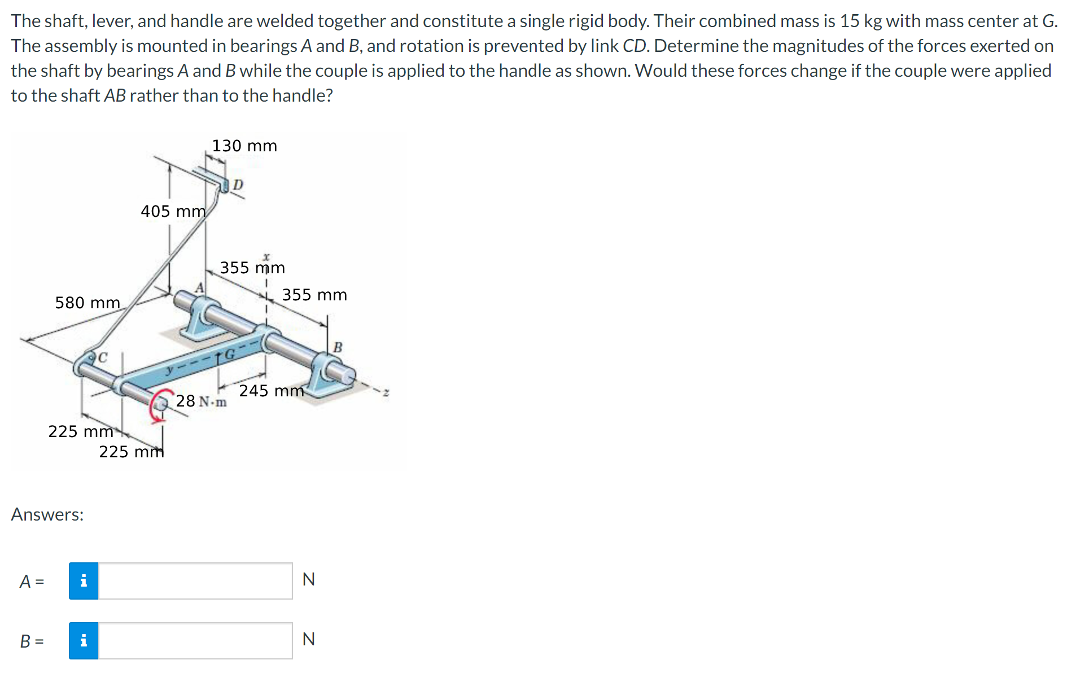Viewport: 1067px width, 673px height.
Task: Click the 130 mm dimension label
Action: click(244, 146)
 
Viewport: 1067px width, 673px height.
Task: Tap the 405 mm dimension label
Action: click(173, 211)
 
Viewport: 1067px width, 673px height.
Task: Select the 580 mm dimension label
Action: click(88, 303)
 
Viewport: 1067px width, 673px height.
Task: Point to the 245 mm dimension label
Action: click(271, 391)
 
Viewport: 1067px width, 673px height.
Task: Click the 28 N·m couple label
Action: click(201, 401)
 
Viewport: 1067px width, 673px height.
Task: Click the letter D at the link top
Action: click(238, 185)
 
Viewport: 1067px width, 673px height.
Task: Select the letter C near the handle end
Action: click(102, 357)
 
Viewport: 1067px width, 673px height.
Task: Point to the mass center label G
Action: click(230, 355)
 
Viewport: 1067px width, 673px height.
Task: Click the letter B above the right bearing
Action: click(338, 347)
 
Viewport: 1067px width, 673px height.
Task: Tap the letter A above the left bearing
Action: click(199, 288)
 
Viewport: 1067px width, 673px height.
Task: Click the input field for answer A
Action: click(195, 581)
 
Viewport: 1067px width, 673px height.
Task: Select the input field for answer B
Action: click(195, 641)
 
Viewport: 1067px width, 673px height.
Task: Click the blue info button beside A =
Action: click(84, 581)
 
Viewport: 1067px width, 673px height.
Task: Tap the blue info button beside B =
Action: click(84, 641)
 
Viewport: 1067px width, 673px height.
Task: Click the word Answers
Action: click(47, 514)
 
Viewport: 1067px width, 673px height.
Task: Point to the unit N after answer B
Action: click(308, 639)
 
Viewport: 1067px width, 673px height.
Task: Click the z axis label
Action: click(386, 392)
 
